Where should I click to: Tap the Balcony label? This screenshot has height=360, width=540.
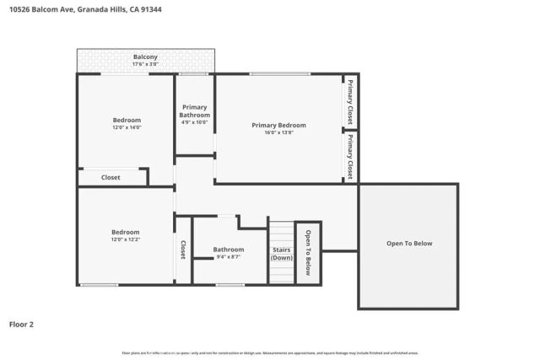145,56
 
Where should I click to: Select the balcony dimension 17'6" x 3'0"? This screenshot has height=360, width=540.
145,64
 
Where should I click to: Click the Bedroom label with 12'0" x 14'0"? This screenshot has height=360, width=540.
127,120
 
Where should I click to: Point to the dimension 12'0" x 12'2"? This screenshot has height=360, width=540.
127,239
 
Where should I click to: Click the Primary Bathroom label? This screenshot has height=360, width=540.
194,110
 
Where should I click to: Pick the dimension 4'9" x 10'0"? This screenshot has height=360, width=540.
194,122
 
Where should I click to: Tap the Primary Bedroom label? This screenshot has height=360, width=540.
278,125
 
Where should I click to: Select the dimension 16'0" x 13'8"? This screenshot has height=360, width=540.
278,132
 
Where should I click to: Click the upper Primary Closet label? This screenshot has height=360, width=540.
349,102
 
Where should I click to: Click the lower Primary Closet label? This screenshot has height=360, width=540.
349,156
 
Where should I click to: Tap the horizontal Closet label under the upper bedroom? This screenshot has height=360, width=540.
111,178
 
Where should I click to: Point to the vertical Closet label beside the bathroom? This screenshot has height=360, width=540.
182,250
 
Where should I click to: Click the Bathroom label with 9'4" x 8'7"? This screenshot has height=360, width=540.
228,250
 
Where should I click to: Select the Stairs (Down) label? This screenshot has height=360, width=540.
282,253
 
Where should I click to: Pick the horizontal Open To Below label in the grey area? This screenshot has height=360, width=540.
409,244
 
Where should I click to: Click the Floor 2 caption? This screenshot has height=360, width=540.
22,324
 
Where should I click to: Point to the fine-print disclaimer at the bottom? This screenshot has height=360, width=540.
270,353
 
